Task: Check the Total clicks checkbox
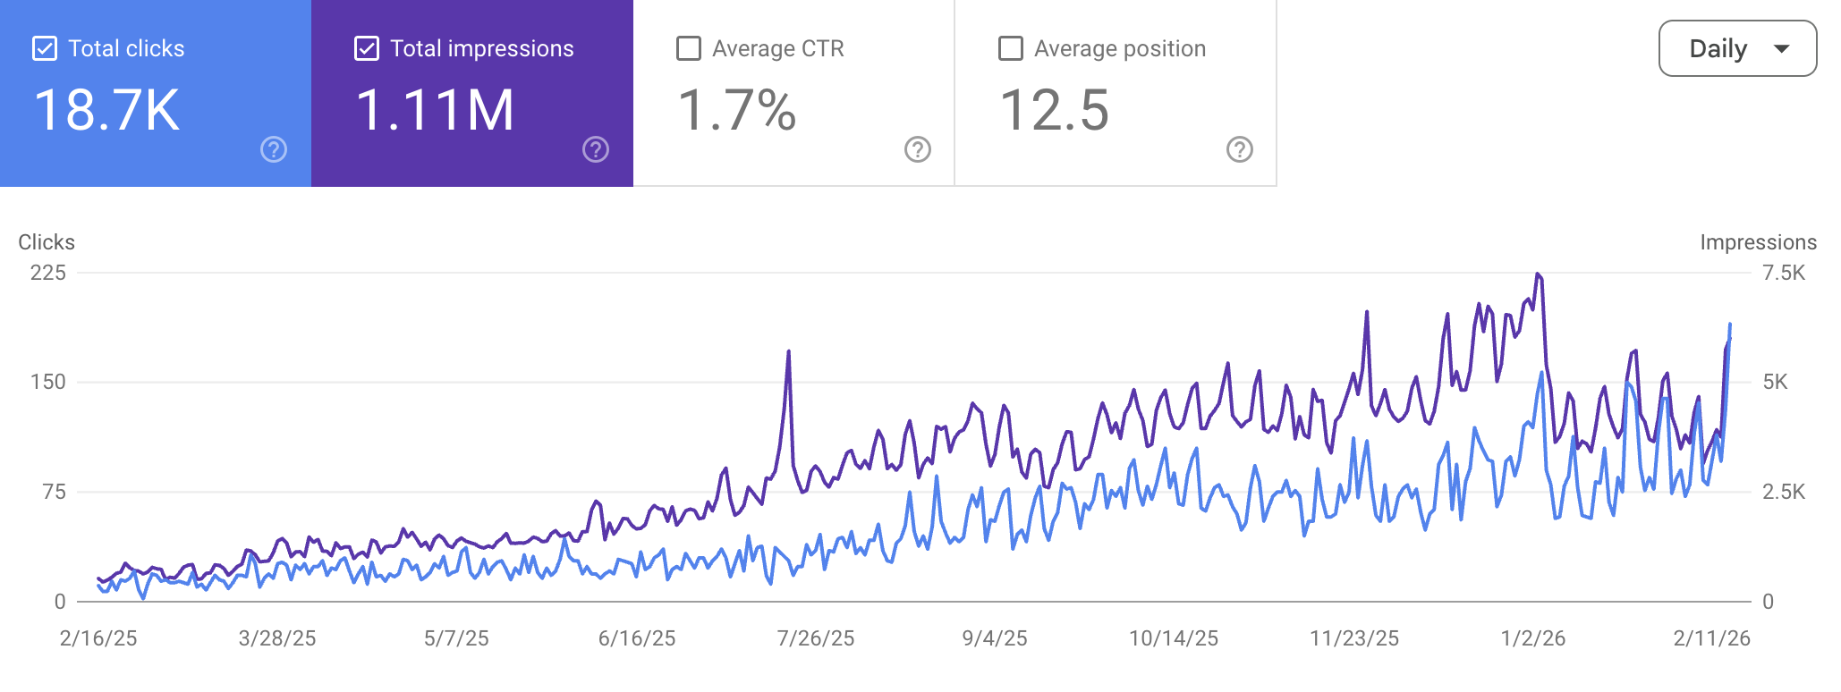click(x=45, y=48)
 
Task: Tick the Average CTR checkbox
click(x=689, y=48)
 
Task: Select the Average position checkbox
click(x=1011, y=48)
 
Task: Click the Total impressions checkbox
click(x=367, y=48)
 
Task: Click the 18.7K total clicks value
click(x=107, y=111)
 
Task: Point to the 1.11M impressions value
click(x=435, y=111)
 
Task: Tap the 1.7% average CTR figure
click(x=736, y=111)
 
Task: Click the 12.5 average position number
click(x=1054, y=111)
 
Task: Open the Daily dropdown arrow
click(x=1781, y=48)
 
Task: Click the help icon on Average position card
click(x=1239, y=149)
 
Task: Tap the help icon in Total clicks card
click(x=274, y=149)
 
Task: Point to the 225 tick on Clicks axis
click(x=48, y=273)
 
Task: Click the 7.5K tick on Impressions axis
click(x=1783, y=273)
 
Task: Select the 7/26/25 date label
click(x=815, y=638)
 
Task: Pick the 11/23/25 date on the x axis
click(x=1353, y=638)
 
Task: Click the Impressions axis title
click(x=1758, y=242)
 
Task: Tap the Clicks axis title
click(x=47, y=242)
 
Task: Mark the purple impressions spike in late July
click(x=788, y=352)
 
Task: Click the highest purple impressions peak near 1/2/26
click(x=1538, y=274)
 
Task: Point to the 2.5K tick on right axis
click(x=1783, y=492)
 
